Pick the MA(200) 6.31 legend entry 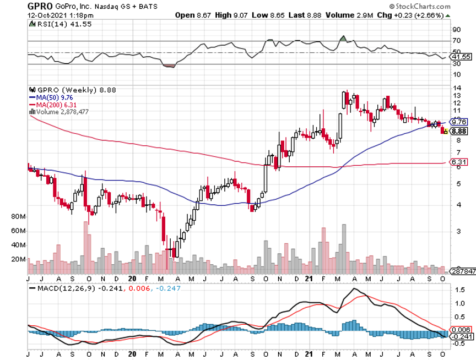(53, 104)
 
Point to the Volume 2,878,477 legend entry (61, 111)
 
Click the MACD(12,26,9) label (63, 288)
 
